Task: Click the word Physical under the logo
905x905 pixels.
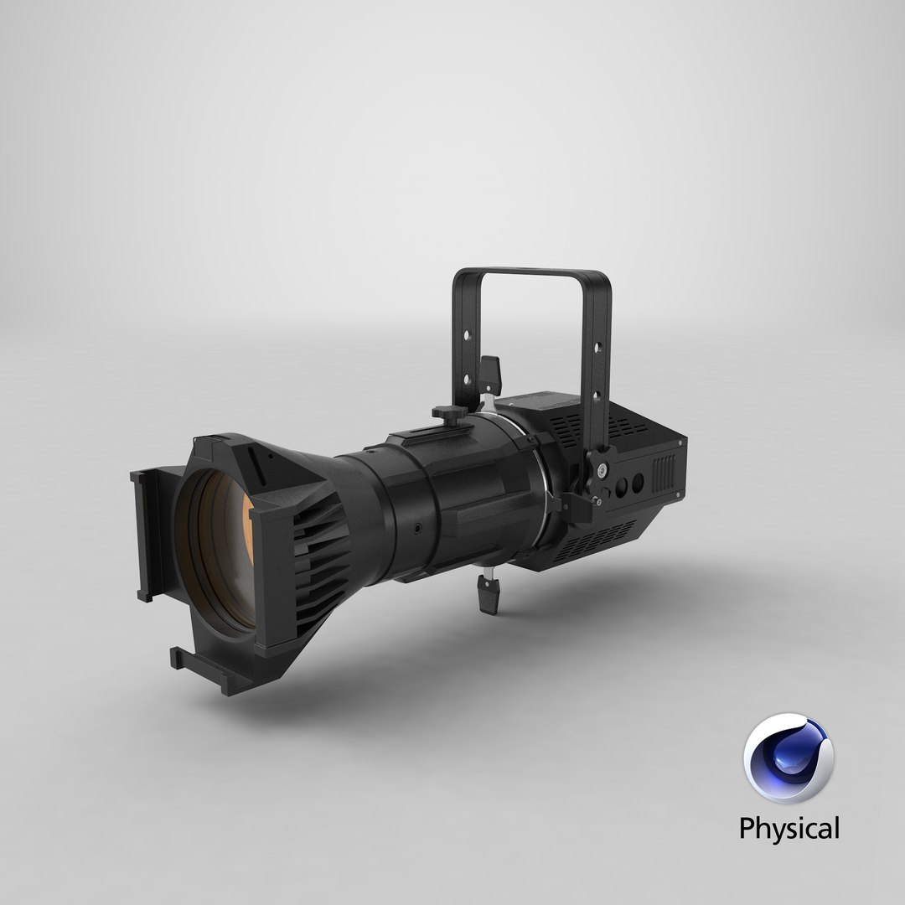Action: tap(788, 829)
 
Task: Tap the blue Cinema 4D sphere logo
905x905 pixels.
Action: tap(789, 759)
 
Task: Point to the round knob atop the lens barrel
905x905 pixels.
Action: tap(445, 412)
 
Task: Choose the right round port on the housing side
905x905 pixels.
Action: tap(638, 484)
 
